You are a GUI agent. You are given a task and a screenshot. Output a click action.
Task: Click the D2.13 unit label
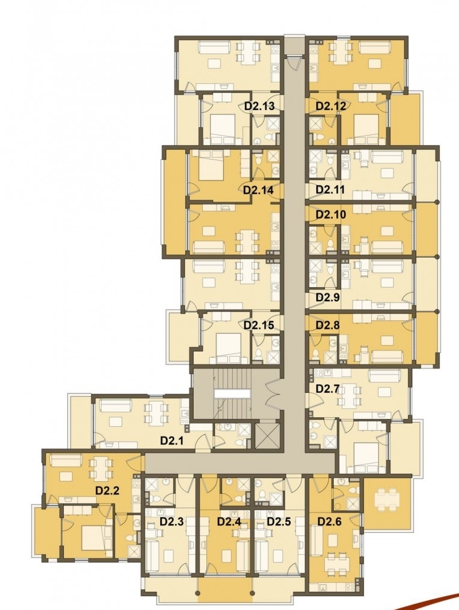coord(259,106)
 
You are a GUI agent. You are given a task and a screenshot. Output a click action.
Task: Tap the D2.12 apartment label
coord(330,106)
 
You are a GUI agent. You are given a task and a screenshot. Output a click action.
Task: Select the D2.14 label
coord(258,190)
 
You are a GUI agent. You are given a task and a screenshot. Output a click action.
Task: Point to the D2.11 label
coord(330,190)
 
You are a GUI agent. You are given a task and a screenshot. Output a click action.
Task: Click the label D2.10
coord(331,214)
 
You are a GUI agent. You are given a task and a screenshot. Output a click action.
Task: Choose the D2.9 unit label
coord(328,297)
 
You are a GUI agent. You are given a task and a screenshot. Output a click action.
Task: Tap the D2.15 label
coord(259,325)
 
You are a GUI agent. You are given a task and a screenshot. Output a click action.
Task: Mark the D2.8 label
coord(328,325)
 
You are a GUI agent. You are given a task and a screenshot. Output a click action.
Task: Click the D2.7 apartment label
coord(328,388)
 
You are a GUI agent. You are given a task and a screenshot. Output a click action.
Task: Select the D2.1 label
coord(172,441)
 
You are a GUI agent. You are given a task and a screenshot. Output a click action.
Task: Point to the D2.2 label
coord(107,491)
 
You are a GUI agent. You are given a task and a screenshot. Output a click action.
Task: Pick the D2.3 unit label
coord(171,521)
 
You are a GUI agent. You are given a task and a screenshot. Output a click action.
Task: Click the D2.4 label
coord(229,521)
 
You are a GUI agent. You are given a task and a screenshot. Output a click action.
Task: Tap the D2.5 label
coord(279,521)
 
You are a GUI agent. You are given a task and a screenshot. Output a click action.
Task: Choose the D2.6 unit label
coord(330,521)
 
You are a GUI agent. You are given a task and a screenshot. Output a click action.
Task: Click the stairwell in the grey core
coord(232,394)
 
